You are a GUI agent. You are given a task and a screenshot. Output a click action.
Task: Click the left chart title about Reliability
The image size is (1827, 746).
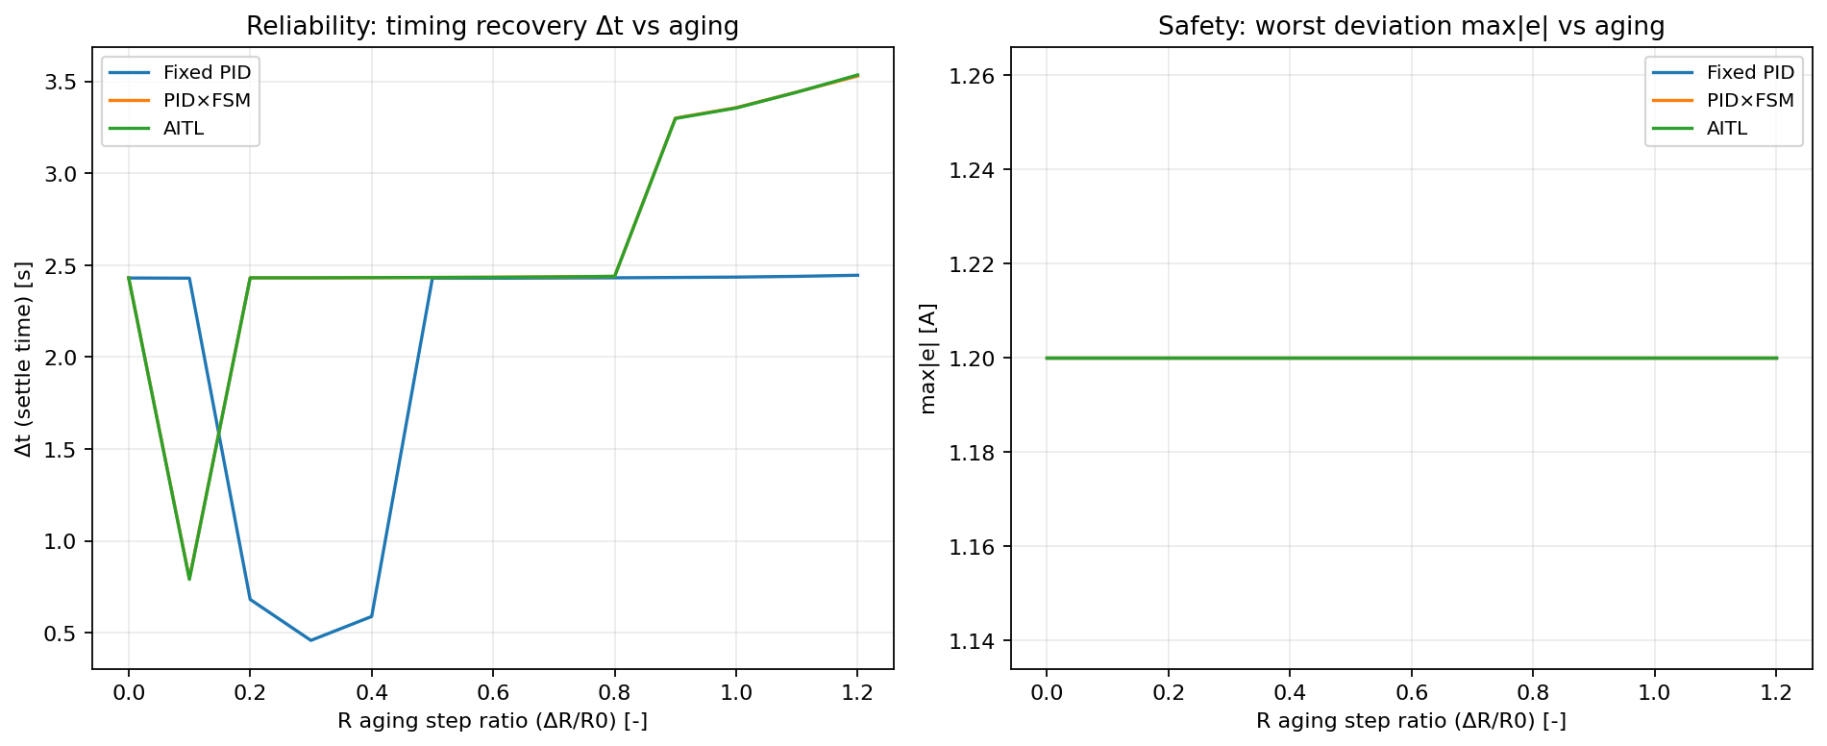pos(492,26)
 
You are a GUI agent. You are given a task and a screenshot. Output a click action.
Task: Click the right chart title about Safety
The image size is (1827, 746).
pos(1411,26)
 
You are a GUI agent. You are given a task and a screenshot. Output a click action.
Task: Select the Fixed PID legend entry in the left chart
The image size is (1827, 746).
pos(207,72)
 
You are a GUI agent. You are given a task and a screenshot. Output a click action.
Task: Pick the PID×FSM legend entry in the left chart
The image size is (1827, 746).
pos(207,100)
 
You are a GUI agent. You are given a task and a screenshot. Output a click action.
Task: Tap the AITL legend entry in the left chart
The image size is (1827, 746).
pos(184,128)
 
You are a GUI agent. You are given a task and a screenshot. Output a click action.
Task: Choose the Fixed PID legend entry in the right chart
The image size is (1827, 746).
pos(1750,72)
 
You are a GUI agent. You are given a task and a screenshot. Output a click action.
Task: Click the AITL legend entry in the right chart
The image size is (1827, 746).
pos(1727,128)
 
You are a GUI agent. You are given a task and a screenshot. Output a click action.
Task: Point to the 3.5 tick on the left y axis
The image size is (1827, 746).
pos(62,82)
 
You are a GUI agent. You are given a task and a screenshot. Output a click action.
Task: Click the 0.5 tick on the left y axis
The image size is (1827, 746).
pos(62,634)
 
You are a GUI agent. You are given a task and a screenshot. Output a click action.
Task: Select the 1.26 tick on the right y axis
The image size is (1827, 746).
pos(971,76)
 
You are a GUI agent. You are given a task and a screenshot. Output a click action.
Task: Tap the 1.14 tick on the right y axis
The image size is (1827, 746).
pos(971,641)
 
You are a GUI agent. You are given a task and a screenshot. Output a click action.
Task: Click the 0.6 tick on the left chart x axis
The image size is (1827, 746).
pos(493,692)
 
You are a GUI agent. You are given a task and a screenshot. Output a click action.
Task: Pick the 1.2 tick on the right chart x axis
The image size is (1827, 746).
pos(1776,692)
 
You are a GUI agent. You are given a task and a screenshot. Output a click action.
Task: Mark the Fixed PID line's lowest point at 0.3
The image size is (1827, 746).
pos(310,640)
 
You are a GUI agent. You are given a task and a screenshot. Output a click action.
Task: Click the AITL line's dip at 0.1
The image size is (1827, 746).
pos(189,579)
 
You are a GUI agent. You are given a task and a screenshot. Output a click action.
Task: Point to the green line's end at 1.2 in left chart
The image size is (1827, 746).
pos(857,75)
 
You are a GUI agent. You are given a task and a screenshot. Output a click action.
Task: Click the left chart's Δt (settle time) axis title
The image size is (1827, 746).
pos(24,359)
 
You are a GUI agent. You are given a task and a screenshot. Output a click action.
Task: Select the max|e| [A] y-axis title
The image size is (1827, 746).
pos(927,359)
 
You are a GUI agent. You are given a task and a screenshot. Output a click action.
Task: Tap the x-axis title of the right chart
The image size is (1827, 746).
pos(1411,721)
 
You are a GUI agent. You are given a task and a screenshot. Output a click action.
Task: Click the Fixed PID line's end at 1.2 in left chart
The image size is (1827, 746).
pos(857,275)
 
